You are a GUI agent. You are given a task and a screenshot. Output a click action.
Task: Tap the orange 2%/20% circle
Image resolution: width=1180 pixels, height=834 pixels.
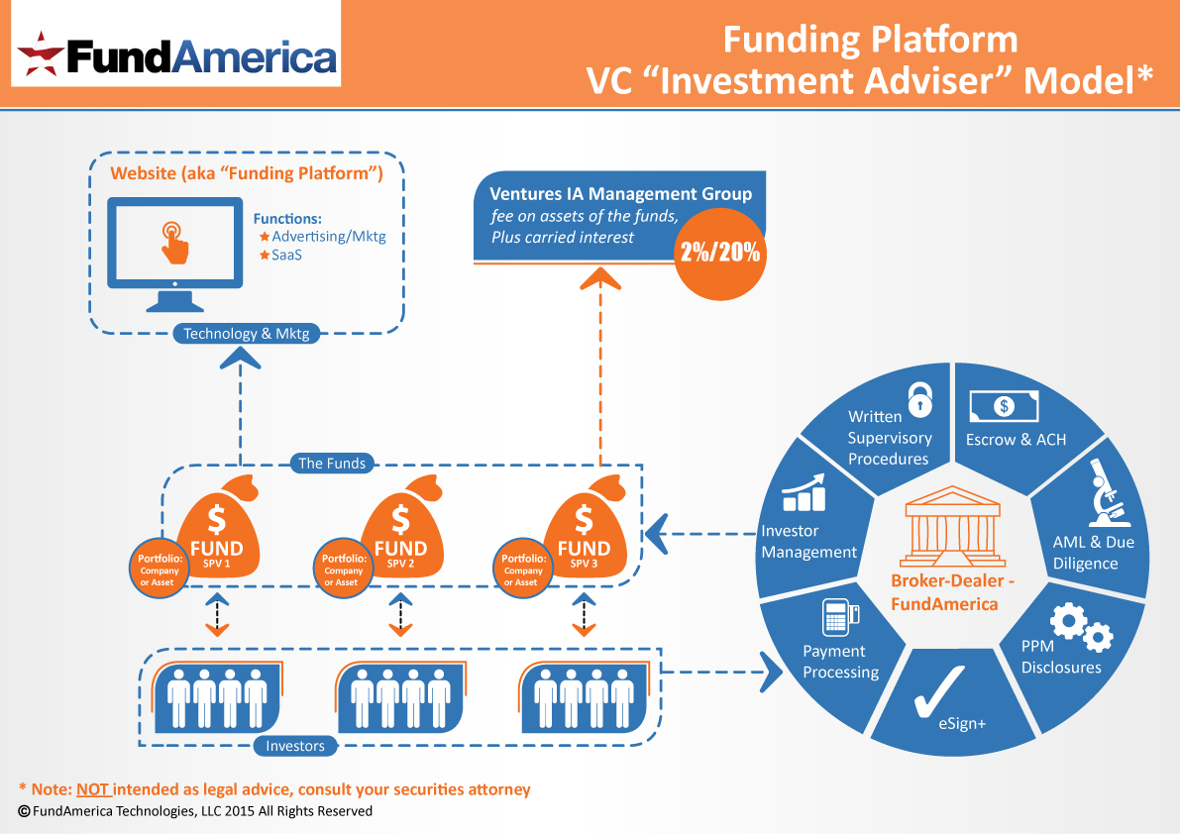pos(720,252)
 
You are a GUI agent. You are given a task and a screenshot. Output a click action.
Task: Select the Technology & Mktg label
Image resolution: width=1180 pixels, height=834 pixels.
pos(247,334)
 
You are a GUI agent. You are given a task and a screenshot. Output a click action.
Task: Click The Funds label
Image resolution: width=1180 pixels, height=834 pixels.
pos(332,463)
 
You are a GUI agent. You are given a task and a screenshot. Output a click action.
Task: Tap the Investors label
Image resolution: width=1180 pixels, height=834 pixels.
pos(295,746)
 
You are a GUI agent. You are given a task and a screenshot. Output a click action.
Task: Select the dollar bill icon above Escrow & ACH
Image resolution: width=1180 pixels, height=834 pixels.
pos(1004,404)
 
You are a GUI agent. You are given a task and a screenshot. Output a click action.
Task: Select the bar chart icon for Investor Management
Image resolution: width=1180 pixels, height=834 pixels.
pos(804,492)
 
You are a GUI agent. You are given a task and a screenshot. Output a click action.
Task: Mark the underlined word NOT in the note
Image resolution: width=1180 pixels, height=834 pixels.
pos(93,789)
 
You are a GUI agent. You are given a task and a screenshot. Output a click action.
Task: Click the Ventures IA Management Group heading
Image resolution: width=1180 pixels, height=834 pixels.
pos(621,194)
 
